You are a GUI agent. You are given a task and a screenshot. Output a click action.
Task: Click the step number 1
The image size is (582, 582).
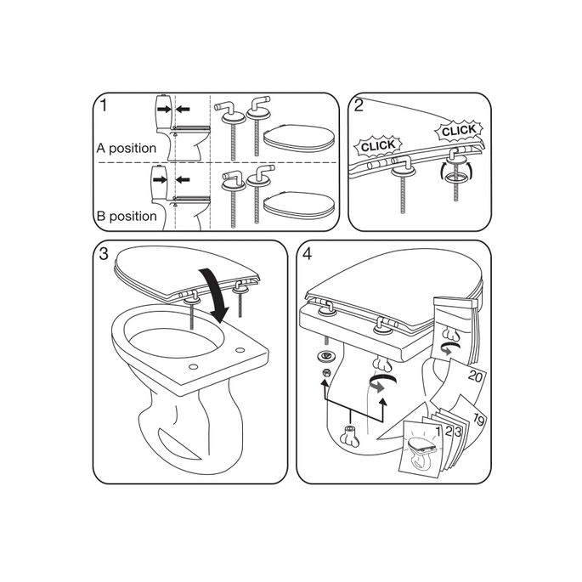(x=103, y=106)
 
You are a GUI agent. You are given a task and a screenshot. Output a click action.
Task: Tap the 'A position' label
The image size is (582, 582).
(x=126, y=148)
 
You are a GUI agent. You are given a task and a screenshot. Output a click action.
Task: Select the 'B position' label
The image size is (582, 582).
(x=126, y=216)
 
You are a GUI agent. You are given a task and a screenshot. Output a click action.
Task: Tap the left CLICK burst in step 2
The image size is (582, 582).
(x=378, y=146)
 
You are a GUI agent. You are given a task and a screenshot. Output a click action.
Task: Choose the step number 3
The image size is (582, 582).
(x=103, y=254)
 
